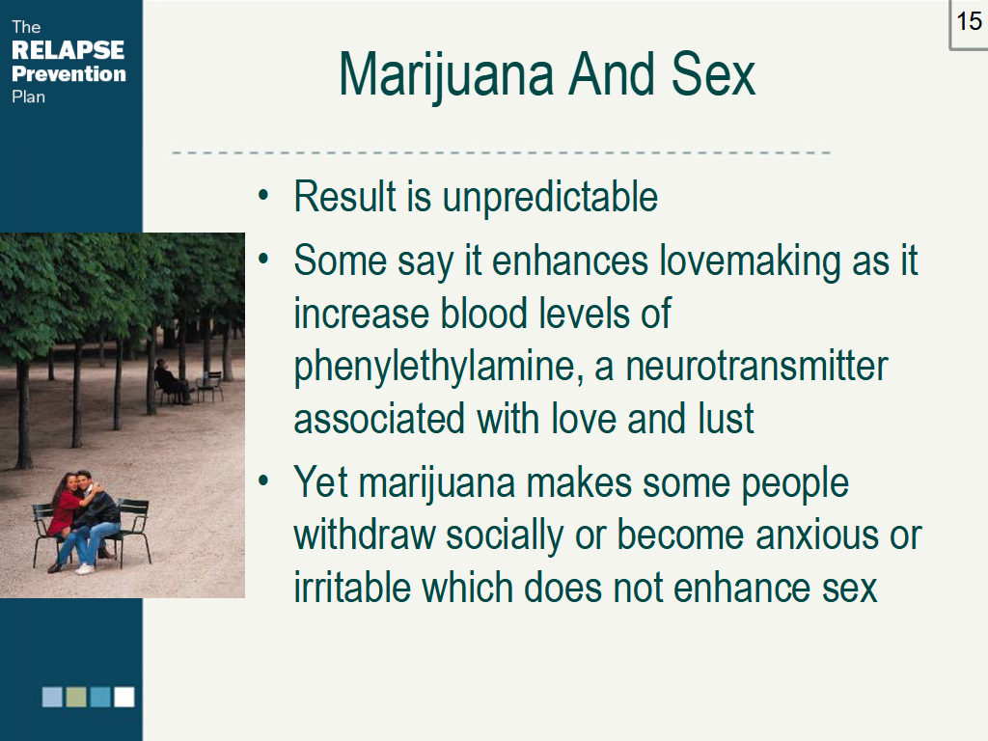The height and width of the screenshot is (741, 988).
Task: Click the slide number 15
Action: coord(969,21)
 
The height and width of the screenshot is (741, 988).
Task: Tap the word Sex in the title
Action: coord(715,75)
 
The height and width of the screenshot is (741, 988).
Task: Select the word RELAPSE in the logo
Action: coord(68,50)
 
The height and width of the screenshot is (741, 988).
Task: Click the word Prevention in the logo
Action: coord(69,73)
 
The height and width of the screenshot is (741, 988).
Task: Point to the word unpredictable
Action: coord(550,198)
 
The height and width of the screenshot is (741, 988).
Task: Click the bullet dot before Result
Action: coord(263,198)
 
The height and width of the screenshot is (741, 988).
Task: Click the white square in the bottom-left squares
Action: coord(124,697)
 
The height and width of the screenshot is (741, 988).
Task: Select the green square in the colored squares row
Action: coord(76,697)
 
